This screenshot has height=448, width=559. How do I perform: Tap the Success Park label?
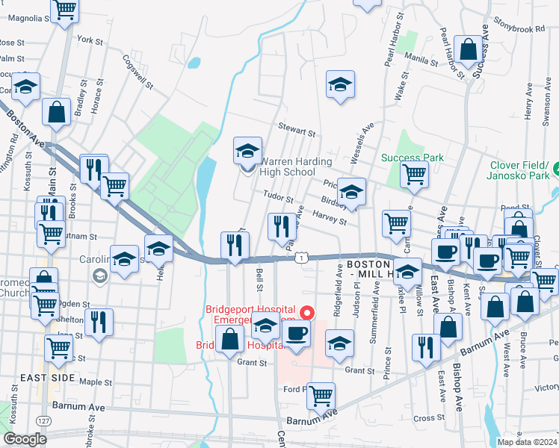point(413,158)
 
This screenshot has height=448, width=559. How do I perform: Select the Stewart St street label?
point(297,131)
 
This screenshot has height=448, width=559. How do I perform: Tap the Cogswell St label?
point(138,72)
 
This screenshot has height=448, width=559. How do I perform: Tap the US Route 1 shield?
point(300,258)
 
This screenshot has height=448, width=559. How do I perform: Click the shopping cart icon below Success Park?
point(414,175)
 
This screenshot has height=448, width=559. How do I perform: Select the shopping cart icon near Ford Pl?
point(321,396)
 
